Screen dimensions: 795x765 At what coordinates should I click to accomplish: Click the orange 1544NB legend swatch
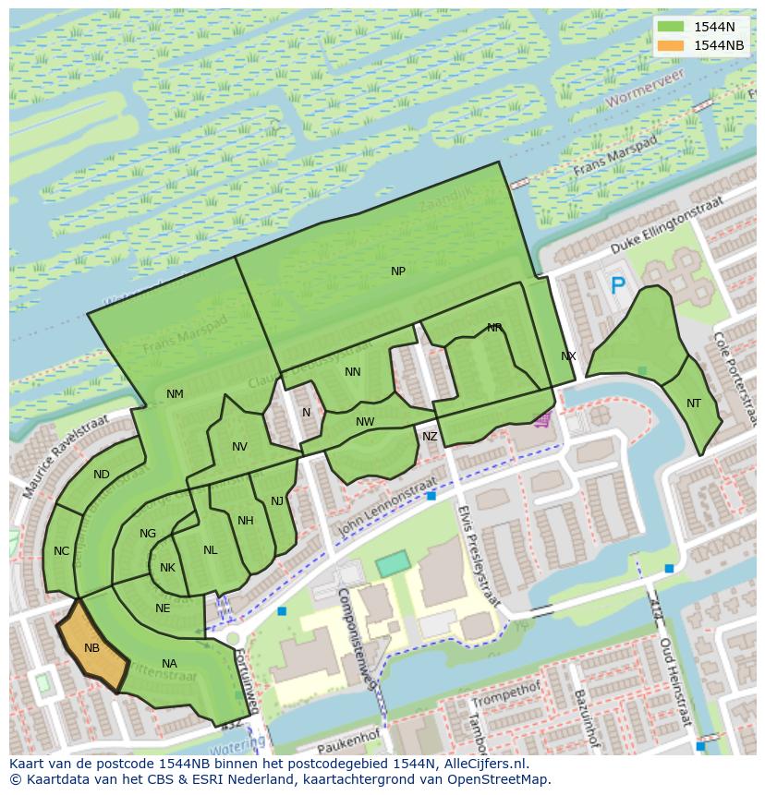pyautogui.click(x=672, y=45)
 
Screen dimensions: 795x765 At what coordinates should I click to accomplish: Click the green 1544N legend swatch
pyautogui.click(x=672, y=27)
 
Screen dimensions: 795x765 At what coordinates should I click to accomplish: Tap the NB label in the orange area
pyautogui.click(x=91, y=648)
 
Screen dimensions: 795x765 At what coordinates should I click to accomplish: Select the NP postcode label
pyautogui.click(x=398, y=271)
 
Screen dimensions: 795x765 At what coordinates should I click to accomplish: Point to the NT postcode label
pyautogui.click(x=694, y=404)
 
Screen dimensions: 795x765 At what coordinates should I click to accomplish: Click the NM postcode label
pyautogui.click(x=175, y=394)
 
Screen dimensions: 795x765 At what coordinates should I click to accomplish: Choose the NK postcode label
pyautogui.click(x=167, y=568)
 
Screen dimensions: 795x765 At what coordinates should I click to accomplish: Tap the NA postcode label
pyautogui.click(x=169, y=664)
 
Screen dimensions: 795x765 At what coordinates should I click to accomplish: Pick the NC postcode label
pyautogui.click(x=61, y=551)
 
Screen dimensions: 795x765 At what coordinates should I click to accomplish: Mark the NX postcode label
pyautogui.click(x=568, y=356)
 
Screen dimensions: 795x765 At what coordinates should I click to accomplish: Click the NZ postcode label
pyautogui.click(x=430, y=437)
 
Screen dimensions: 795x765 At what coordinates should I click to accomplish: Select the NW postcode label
pyautogui.click(x=365, y=422)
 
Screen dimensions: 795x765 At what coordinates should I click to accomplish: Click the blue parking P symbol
pyautogui.click(x=617, y=286)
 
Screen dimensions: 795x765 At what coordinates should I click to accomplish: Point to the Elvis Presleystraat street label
pyautogui.click(x=478, y=554)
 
